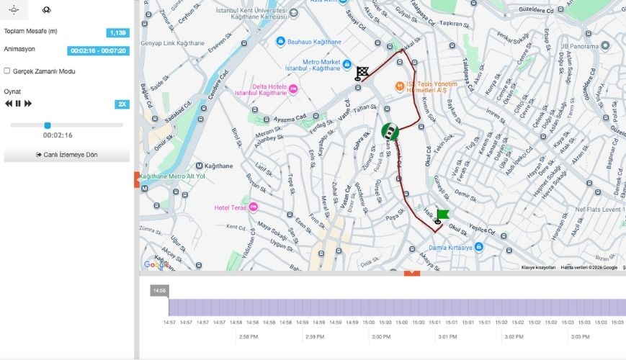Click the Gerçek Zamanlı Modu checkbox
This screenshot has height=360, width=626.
[x=7, y=71]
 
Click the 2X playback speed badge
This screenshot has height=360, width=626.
[x=122, y=104]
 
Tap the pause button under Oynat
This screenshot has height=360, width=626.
[x=18, y=104]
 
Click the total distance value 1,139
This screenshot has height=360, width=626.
[x=117, y=32]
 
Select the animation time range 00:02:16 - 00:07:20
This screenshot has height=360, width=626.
[x=98, y=51]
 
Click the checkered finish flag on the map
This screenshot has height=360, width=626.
[x=362, y=73]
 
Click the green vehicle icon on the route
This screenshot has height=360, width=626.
[x=390, y=132]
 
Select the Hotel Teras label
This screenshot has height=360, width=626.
[x=231, y=208]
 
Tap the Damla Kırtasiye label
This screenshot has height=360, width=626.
[x=456, y=248]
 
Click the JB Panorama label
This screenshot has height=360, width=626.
[x=579, y=46]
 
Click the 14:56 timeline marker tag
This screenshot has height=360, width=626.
[x=159, y=291]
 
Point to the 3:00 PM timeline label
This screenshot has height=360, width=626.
[x=381, y=337]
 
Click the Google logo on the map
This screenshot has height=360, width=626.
[x=156, y=264]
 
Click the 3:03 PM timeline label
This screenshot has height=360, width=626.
[x=580, y=337]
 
